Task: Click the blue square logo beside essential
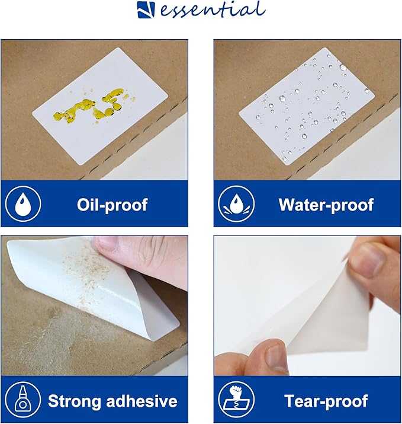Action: click(146, 10)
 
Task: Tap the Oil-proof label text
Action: click(112, 205)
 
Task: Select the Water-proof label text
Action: click(326, 205)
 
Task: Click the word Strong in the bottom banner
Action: click(74, 401)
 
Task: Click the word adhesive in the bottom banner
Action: click(141, 401)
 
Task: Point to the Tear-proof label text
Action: click(326, 401)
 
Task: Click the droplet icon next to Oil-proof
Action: click(23, 204)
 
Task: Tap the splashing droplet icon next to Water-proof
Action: click(236, 204)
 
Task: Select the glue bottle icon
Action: click(23, 400)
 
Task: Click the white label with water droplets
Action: click(307, 106)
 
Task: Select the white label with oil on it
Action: click(100, 106)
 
